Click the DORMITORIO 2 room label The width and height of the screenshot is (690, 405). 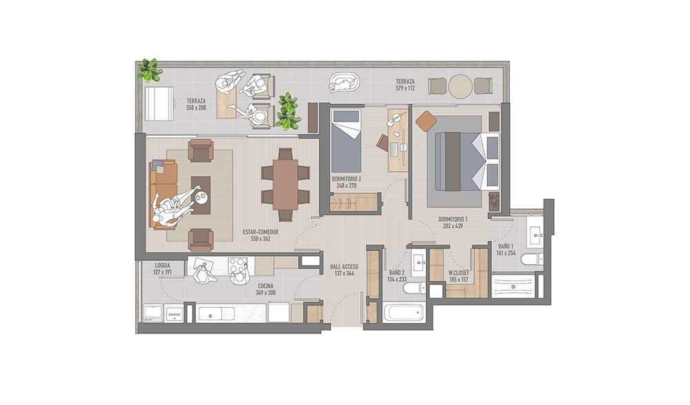pos(346,179)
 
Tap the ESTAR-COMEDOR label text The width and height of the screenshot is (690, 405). pos(261,233)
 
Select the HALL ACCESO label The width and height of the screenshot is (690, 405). pos(344,267)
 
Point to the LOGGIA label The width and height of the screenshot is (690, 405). pos(162,266)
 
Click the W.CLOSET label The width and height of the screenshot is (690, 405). pos(459,273)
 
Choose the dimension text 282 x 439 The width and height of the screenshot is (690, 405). pos(453,226)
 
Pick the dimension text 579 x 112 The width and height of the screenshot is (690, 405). pos(405,88)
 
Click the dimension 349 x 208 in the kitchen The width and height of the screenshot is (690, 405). pos(266,293)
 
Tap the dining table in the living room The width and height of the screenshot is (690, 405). pos(285,184)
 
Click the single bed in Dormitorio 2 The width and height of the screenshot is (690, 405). pos(346,141)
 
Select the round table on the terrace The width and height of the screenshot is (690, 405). pos(460,86)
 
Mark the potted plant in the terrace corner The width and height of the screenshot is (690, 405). pos(150,70)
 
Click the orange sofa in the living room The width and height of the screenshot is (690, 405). pos(163,195)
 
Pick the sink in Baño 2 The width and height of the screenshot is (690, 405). pos(418,262)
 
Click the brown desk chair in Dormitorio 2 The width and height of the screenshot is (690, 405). pos(382,143)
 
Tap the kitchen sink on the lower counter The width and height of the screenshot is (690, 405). pos(210,314)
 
